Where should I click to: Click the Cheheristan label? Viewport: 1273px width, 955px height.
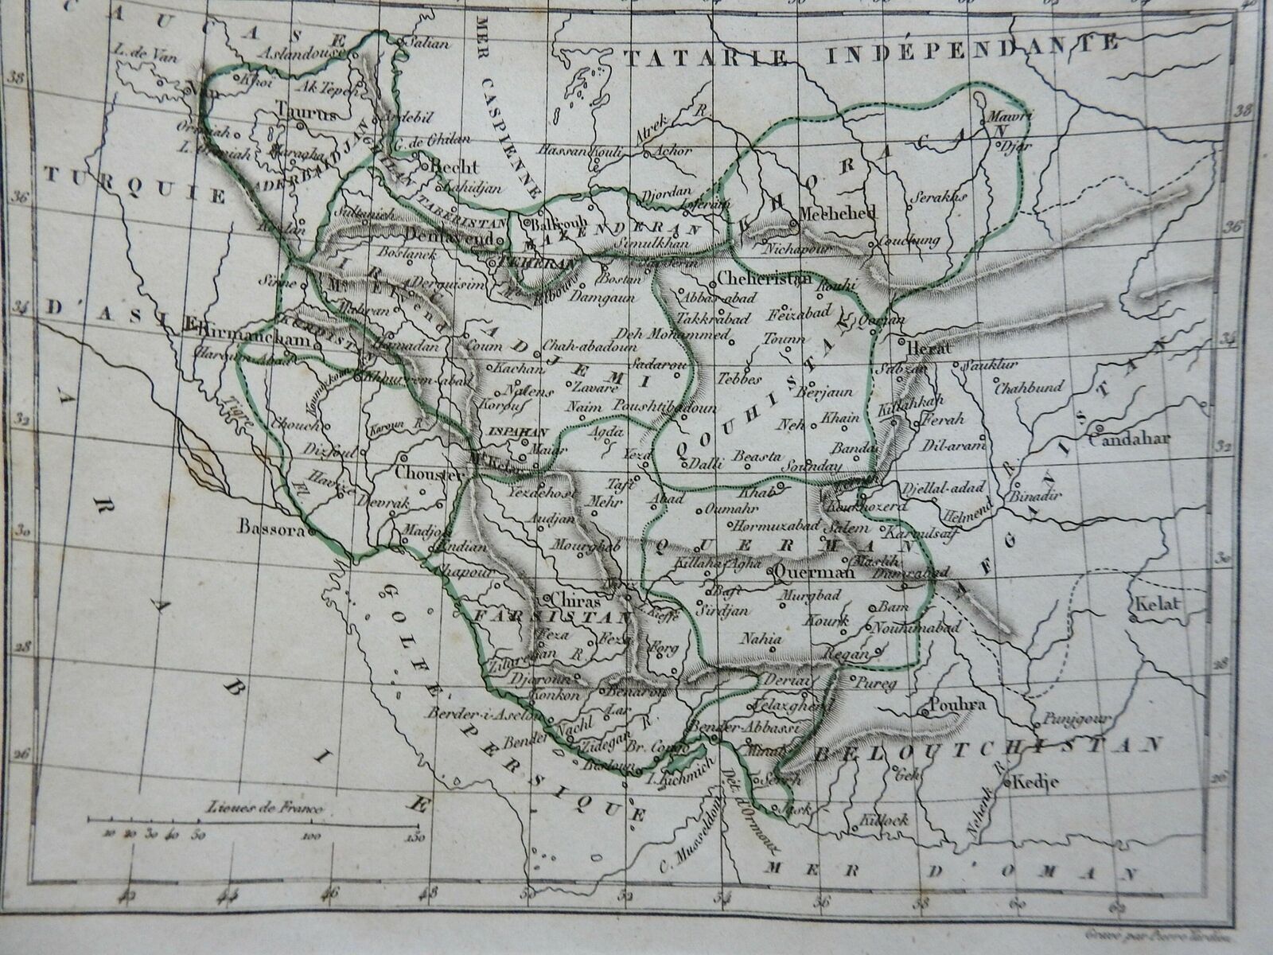pyautogui.click(x=763, y=279)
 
